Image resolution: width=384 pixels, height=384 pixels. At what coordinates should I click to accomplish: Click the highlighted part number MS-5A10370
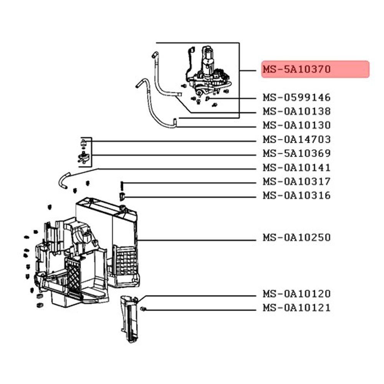(x=296, y=70)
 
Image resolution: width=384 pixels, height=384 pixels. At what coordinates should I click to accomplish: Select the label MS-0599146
(x=296, y=98)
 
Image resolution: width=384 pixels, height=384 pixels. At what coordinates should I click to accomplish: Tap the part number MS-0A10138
(x=296, y=111)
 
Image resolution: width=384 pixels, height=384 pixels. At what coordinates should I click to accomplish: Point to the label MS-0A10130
(x=296, y=125)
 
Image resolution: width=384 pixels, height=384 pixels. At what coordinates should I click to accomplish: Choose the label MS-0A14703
(x=296, y=139)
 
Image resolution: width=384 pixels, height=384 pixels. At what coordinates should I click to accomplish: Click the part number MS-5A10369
(x=296, y=154)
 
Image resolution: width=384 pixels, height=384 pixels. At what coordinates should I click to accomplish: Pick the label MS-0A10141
(x=296, y=168)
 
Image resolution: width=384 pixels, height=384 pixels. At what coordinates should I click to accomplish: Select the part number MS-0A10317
(x=296, y=181)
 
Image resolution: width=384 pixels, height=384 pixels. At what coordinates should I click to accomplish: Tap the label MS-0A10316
(x=296, y=195)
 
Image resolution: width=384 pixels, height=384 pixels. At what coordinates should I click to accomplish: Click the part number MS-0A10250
(x=296, y=238)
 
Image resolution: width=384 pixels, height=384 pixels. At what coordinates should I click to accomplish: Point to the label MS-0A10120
(x=296, y=294)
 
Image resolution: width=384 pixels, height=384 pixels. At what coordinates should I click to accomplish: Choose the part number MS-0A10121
(x=296, y=308)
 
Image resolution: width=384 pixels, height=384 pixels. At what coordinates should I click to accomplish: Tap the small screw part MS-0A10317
(x=122, y=185)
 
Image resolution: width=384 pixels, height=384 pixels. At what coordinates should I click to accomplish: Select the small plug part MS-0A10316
(x=122, y=197)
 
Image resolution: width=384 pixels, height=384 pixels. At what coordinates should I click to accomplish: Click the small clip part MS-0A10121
(x=142, y=309)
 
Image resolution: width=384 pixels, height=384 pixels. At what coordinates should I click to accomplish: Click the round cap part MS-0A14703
(x=83, y=143)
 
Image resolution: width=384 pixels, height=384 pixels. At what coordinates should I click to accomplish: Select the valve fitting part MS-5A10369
(x=83, y=156)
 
